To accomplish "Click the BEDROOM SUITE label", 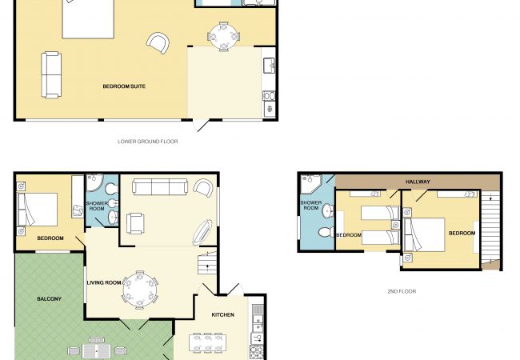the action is (124, 86).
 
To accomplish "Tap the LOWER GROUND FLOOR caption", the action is (148, 142).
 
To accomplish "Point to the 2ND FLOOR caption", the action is (402, 291).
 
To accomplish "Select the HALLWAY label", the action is (418, 182).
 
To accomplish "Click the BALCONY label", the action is (49, 298).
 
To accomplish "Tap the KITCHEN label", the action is (223, 314).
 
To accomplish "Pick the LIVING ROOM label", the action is (104, 282).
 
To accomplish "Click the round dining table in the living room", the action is (140, 290).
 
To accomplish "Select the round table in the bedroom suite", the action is (223, 36).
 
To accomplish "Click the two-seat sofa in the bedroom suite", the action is (51, 75).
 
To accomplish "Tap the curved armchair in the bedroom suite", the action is (158, 42).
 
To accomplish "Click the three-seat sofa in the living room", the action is (160, 187).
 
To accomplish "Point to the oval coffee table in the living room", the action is (202, 232).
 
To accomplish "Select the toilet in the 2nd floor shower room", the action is (327, 232).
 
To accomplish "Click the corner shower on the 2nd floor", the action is (310, 184).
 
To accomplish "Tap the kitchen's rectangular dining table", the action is (208, 342).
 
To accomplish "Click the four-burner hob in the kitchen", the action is (256, 352).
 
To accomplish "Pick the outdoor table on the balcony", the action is (97, 350).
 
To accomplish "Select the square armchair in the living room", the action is (135, 223).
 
